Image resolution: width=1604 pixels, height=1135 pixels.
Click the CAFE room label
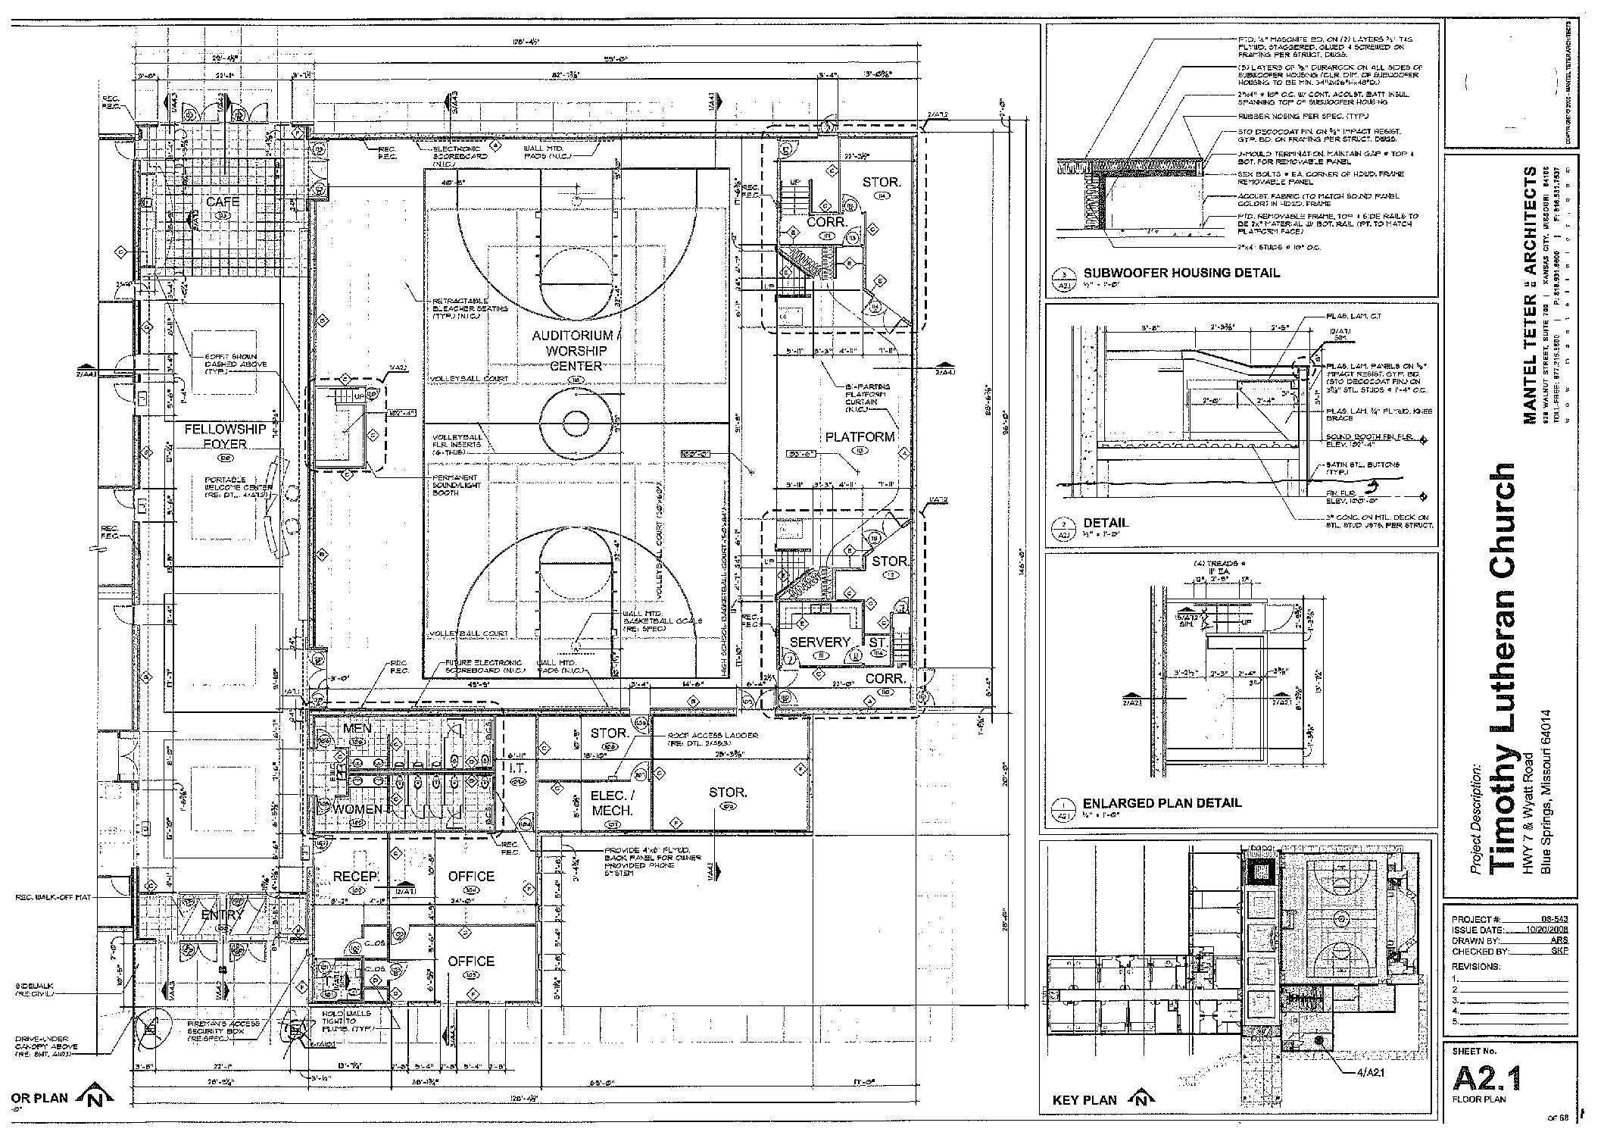[223, 202]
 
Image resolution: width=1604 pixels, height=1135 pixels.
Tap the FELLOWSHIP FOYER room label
[225, 436]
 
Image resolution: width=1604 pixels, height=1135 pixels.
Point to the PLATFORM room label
[860, 437]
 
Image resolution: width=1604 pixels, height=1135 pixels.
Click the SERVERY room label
[820, 642]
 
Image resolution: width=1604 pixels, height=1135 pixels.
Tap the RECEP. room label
[356, 877]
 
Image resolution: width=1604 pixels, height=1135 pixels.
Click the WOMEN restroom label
[358, 809]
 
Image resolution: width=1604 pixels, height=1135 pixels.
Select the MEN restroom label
[357, 728]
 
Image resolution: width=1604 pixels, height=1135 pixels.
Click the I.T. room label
[518, 768]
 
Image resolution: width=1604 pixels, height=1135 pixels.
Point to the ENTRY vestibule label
[221, 915]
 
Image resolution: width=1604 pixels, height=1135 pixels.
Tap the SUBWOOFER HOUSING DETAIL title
[1181, 273]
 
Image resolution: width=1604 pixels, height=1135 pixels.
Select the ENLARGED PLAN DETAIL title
[1162, 802]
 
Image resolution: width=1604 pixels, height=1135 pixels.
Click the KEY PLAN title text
[1084, 1099]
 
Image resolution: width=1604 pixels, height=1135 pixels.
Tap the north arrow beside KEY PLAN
[1142, 1099]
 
